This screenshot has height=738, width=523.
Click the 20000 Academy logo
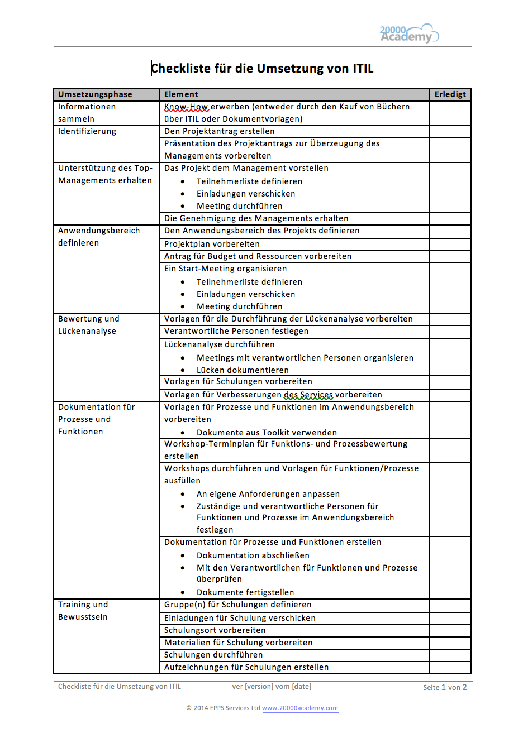[x=409, y=33]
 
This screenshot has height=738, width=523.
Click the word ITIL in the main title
[x=363, y=69]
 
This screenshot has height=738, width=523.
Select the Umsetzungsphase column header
[x=95, y=94]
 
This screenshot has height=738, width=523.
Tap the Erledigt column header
[x=450, y=94]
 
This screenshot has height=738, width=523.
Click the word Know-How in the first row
[x=186, y=107]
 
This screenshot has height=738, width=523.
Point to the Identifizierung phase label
[x=87, y=131]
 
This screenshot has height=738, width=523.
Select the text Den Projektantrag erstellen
[x=219, y=131]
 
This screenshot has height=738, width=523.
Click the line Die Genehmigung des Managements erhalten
[x=256, y=218]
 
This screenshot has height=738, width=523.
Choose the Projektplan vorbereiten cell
[x=212, y=244]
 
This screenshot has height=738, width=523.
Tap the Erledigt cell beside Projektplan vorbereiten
[x=450, y=244]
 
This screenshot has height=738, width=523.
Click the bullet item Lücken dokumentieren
[x=243, y=370]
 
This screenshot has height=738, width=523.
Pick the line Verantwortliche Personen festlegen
[x=236, y=331]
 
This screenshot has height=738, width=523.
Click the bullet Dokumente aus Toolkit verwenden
[x=267, y=433]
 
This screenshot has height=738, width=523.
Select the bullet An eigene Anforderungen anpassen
[x=268, y=494]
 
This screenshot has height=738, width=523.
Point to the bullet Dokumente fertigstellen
[x=245, y=592]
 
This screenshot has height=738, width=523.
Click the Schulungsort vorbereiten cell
[x=215, y=630]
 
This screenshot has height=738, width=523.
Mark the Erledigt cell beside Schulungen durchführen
[x=450, y=655]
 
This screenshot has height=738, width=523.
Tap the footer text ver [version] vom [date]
[x=272, y=687]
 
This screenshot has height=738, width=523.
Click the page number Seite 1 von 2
[x=444, y=687]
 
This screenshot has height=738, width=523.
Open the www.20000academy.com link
[x=299, y=708]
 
